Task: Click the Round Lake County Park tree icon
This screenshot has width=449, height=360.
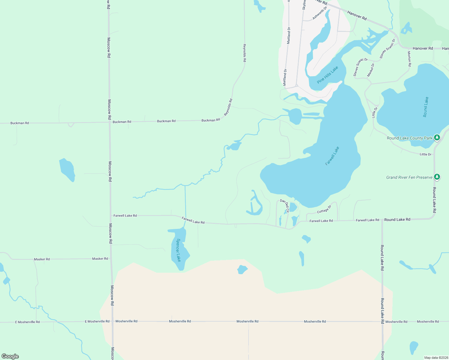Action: click(437, 138)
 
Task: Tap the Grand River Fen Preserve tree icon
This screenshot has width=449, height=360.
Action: click(437, 177)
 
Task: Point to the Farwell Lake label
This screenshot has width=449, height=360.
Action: click(332, 156)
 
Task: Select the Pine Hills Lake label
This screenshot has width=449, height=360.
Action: click(327, 75)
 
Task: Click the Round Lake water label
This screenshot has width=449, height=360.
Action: click(426, 107)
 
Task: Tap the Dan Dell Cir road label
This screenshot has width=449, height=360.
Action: click(285, 205)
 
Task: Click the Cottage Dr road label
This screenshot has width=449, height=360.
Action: click(324, 209)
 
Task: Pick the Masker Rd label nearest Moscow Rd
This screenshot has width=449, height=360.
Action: click(100, 259)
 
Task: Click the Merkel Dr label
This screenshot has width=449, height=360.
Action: click(371, 70)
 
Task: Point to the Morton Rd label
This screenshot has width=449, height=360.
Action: click(409, 58)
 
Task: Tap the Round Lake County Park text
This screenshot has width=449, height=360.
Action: click(409, 138)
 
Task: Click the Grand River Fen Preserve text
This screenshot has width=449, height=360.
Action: click(409, 177)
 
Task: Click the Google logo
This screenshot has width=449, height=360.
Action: click(10, 356)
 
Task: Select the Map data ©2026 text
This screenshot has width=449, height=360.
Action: click(435, 358)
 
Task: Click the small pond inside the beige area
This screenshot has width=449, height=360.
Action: click(242, 269)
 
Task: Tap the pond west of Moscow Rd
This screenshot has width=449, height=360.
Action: click(67, 169)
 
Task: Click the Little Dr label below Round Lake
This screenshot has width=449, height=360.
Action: click(425, 154)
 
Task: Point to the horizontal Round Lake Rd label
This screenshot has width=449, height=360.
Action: click(397, 220)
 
